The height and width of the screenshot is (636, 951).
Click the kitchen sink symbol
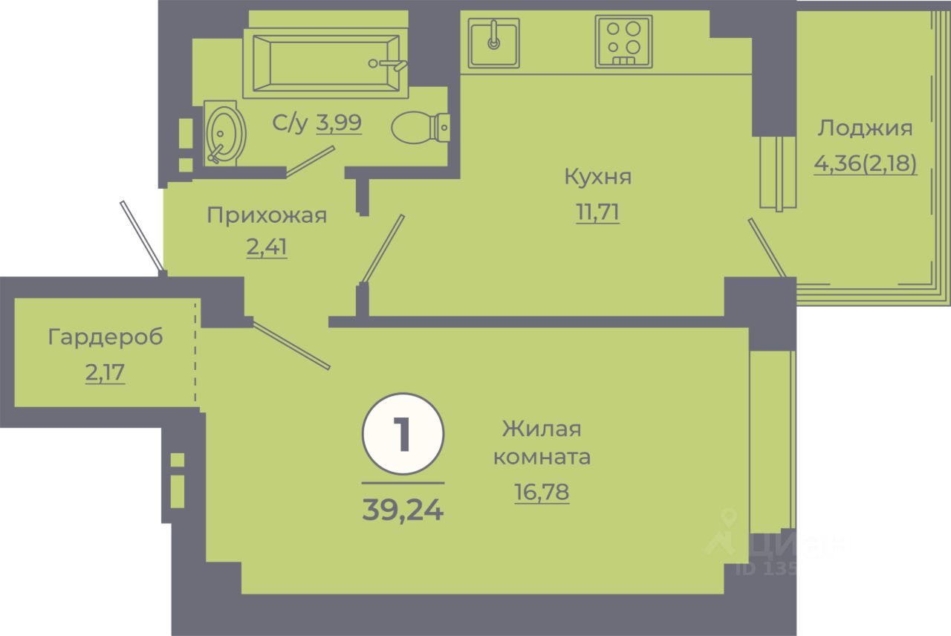[494, 42]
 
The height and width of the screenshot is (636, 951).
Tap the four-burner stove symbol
[623, 42]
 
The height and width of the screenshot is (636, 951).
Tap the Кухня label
[597, 177]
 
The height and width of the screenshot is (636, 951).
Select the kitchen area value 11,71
[597, 213]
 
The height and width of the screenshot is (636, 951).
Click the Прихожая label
[266, 215]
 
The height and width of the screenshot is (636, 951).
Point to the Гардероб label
[105, 337]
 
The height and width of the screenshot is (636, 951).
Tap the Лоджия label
[865, 129]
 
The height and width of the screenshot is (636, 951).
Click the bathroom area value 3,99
[339, 123]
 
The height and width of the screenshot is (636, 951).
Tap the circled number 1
[403, 435]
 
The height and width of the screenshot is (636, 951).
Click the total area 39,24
[403, 510]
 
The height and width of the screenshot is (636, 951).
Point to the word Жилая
[541, 429]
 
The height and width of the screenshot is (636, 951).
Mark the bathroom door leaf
[311, 161]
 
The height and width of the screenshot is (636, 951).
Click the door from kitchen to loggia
[767, 247]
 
